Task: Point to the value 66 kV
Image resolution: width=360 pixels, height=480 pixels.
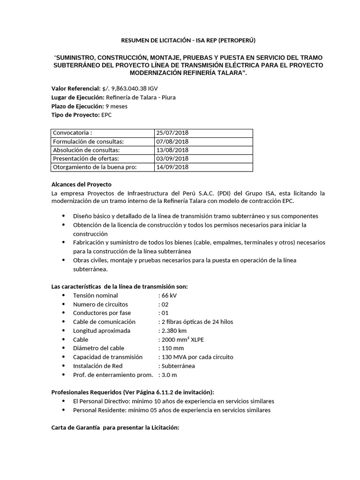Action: (x=169, y=295)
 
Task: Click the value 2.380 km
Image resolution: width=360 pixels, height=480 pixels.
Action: (x=173, y=330)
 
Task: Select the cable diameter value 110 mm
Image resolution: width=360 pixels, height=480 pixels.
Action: (x=172, y=348)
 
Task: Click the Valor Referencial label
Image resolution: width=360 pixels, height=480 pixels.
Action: (x=75, y=88)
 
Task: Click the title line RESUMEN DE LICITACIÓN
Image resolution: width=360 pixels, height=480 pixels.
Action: (x=158, y=41)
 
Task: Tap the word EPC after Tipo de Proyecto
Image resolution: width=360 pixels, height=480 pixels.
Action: (x=107, y=115)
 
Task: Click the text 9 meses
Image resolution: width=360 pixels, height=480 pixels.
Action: (x=116, y=106)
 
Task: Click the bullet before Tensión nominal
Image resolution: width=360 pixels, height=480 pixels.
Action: (x=64, y=295)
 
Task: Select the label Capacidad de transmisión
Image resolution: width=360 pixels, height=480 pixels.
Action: (x=107, y=357)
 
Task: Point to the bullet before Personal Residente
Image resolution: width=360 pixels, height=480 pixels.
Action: (x=64, y=410)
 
